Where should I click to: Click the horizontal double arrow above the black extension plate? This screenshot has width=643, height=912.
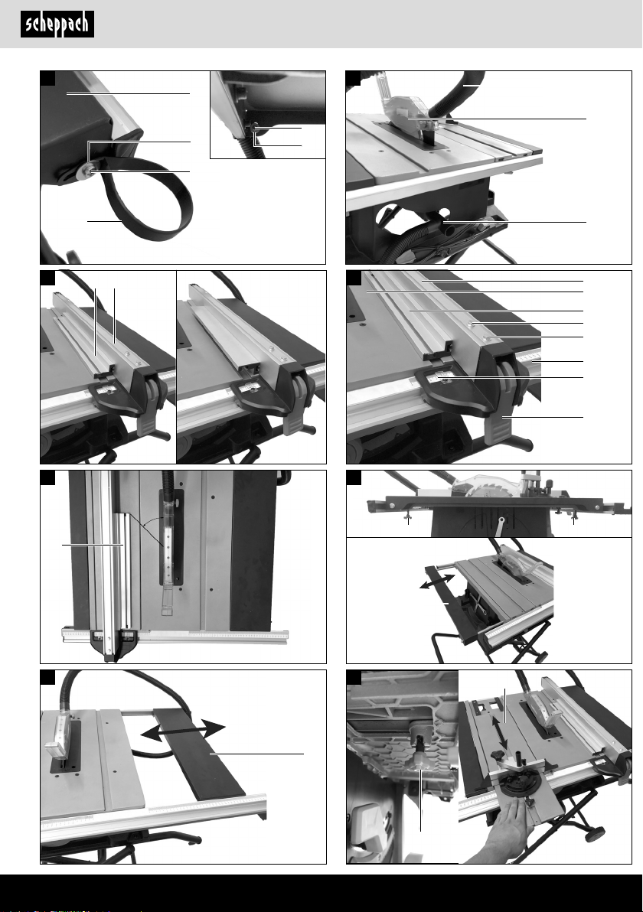coord(183,730)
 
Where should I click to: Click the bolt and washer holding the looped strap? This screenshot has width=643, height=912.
coord(87,170)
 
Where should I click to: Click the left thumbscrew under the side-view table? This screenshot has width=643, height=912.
coord(409,519)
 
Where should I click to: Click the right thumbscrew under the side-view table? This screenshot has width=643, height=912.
coord(574,519)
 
